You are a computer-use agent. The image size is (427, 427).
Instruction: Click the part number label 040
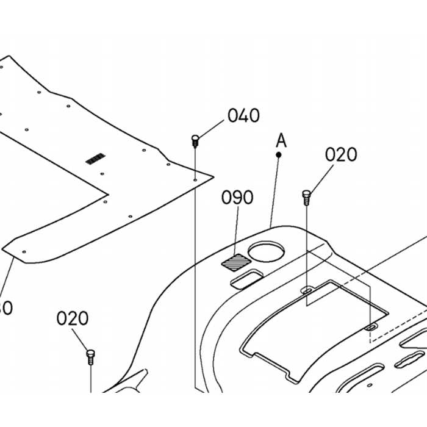coord(243,115)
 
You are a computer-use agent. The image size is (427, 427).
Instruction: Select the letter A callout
coord(281,140)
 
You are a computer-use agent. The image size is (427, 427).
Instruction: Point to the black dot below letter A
coord(279,155)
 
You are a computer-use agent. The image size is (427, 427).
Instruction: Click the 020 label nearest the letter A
coord(340,155)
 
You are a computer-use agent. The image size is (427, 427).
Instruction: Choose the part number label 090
coord(237,198)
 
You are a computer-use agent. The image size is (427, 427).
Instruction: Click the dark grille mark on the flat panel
coord(95,159)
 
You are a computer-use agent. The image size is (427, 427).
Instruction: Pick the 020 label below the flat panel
coord(73,318)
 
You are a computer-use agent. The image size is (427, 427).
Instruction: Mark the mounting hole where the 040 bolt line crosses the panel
coord(195,180)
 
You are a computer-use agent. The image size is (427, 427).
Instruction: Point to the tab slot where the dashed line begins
coord(370,328)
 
